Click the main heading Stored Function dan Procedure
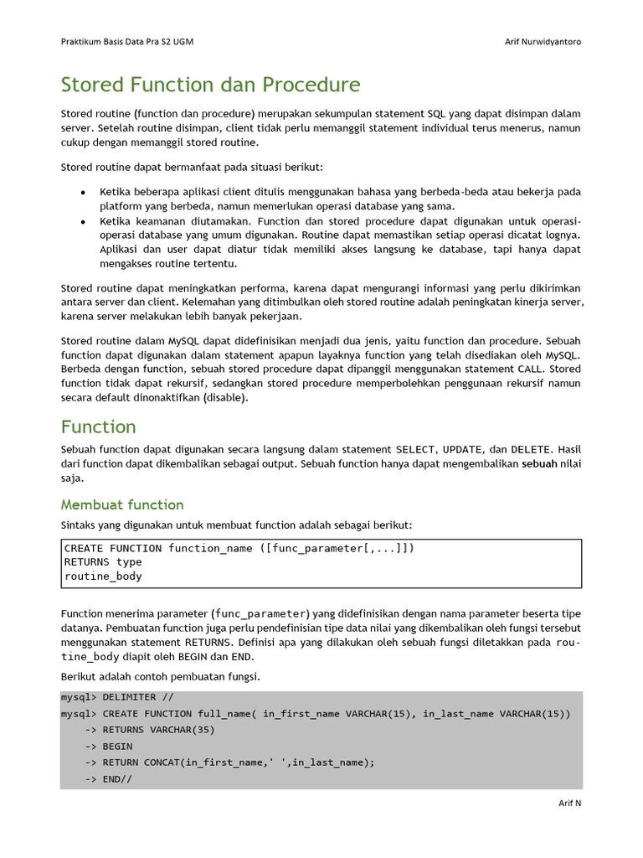click(210, 85)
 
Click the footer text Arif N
click(570, 803)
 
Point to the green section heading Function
click(98, 426)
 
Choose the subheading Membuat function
click(122, 504)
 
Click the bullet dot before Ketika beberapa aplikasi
click(82, 193)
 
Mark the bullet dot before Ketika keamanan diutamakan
click(82, 221)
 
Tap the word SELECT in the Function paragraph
click(415, 449)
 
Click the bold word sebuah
click(539, 463)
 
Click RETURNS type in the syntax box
click(103, 562)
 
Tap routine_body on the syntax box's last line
click(103, 576)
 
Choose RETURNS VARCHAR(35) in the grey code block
click(158, 730)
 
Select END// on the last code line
click(117, 778)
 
